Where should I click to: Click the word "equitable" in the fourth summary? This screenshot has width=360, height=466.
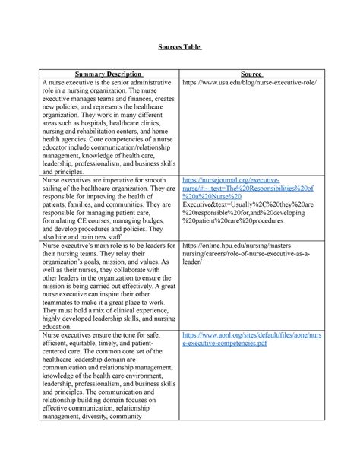[84, 345]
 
